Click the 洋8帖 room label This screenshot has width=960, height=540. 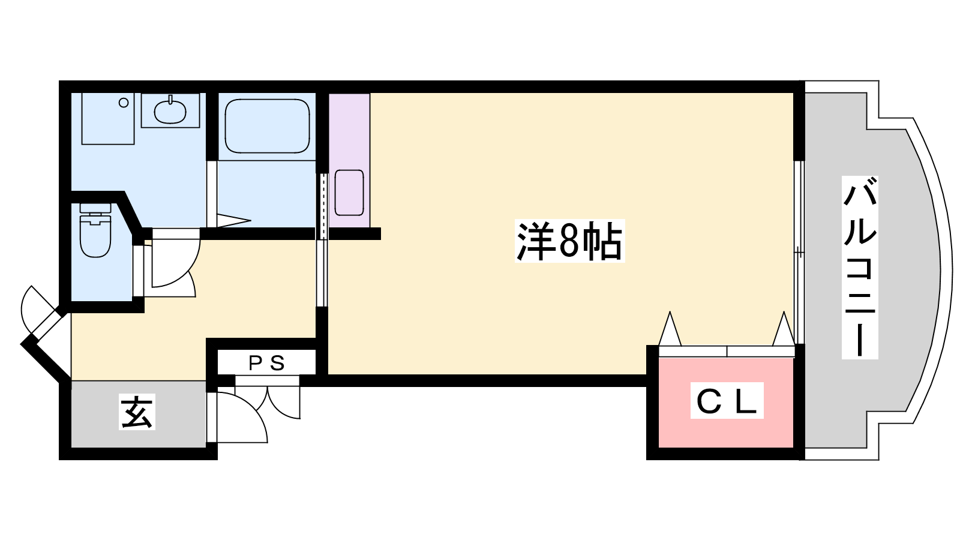pos(569,241)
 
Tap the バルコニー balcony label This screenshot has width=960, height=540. pos(860,268)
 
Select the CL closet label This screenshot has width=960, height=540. pos(727,401)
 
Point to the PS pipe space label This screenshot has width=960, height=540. pos(267,364)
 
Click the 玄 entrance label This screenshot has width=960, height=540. pos(137,412)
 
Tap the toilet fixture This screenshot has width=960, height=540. pos(95,230)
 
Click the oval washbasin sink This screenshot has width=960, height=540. pos(170,111)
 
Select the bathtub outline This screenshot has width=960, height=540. pos(267,126)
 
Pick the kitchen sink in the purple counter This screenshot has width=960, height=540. pos(349,193)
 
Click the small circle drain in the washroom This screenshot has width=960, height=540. pos(124,103)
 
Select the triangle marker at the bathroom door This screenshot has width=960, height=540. pos(234,220)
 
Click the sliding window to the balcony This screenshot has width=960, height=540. pos(799,252)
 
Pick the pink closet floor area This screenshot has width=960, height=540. pos(726,403)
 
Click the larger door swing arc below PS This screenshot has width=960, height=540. pos(242,417)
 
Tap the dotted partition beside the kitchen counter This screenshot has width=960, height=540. pos(323,206)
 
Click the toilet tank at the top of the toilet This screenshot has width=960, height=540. pos(95,208)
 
